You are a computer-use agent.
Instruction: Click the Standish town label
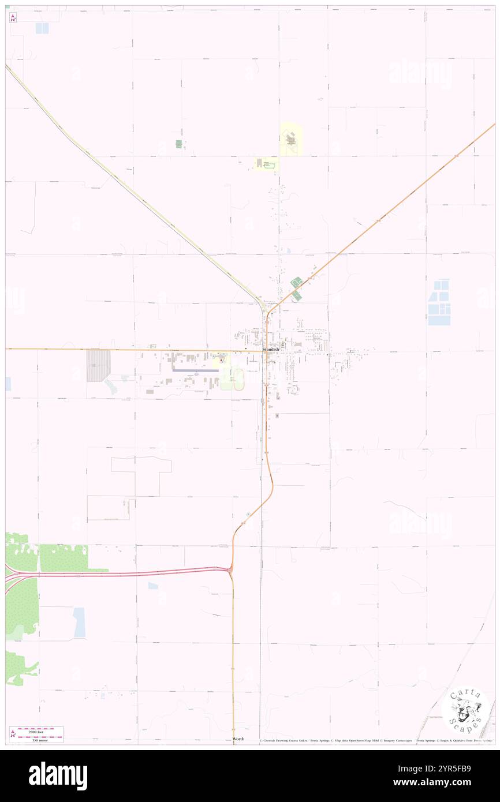click(270, 350)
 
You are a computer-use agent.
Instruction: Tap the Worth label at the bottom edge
click(238, 739)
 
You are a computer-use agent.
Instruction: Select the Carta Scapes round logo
click(465, 710)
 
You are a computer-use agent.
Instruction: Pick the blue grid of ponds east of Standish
click(439, 302)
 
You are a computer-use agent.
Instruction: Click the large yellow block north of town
click(291, 139)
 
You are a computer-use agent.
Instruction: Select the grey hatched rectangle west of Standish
click(98, 365)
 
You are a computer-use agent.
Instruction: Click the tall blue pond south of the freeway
click(79, 623)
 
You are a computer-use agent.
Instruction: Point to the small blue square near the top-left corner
click(42, 28)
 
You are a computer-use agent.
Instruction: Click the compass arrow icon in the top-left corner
click(13, 17)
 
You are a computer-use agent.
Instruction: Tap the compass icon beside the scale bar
click(13, 734)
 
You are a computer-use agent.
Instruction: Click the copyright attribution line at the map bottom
click(375, 740)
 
